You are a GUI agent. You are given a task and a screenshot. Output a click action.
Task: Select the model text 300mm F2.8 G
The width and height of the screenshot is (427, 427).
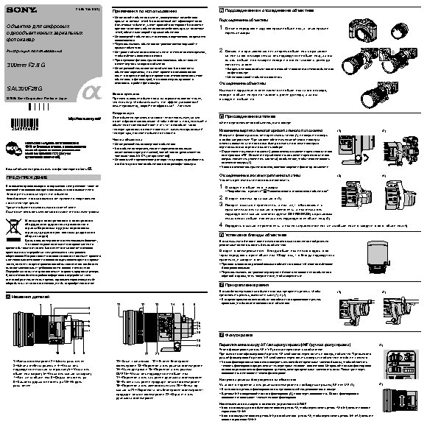click(x=27, y=66)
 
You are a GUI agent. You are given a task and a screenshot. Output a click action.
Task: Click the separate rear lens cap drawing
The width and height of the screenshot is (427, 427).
click(x=403, y=31)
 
